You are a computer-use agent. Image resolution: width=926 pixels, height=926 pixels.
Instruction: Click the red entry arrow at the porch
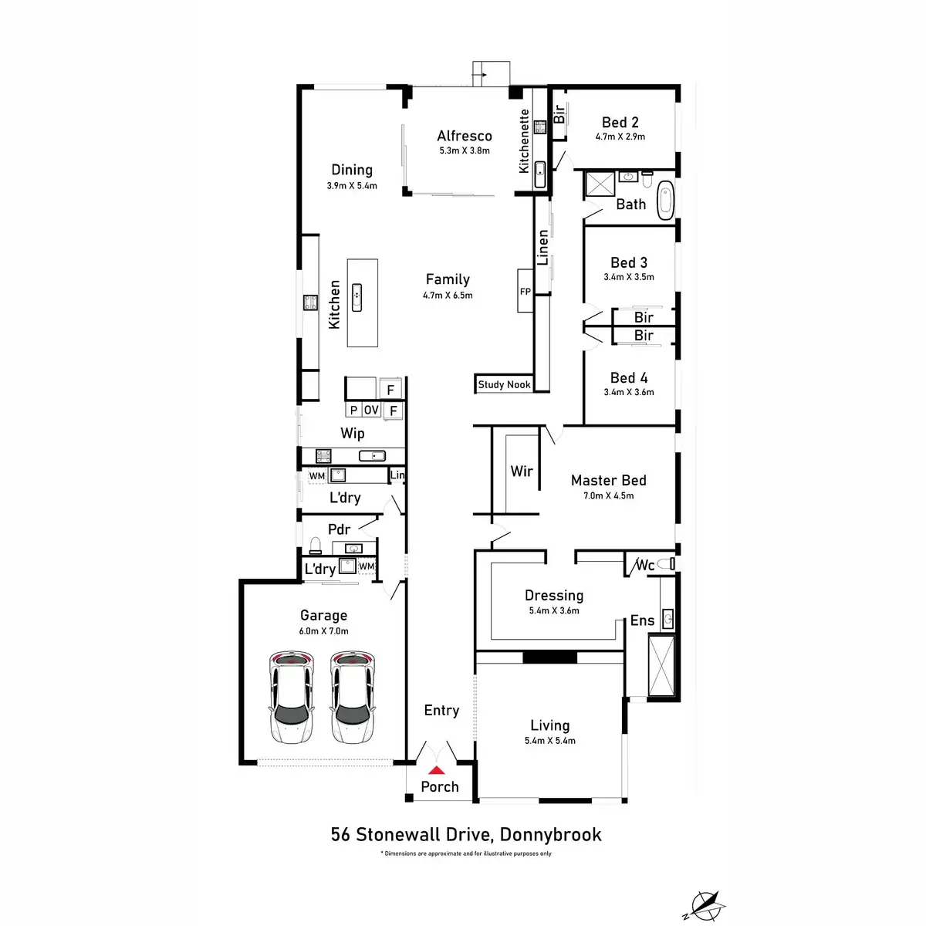point(437,769)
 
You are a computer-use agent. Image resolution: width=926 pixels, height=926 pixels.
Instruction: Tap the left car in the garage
point(292,697)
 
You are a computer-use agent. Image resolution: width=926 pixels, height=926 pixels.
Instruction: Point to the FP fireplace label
point(525,292)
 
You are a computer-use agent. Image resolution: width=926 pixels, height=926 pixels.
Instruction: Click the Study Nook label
point(504,384)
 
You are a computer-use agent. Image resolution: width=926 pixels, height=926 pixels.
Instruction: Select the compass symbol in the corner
point(705,904)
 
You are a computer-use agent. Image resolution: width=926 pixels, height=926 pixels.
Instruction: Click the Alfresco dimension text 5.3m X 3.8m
point(465,150)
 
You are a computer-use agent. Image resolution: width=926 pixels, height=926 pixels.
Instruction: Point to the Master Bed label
point(608,480)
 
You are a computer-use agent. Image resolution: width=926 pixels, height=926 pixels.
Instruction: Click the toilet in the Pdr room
point(315,546)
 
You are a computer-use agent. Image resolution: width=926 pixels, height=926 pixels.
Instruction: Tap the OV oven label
point(371,411)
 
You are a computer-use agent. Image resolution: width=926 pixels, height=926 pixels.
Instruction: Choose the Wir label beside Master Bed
point(522,471)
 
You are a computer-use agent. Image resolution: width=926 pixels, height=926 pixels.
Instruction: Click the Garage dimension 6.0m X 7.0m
point(323,630)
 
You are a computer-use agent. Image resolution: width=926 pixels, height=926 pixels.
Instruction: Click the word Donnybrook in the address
point(550,834)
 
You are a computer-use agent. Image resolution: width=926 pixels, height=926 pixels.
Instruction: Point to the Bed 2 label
point(620,122)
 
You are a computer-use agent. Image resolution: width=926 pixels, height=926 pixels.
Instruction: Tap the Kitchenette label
point(524,140)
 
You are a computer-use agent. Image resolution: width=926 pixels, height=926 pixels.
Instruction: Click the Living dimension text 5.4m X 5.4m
point(549,741)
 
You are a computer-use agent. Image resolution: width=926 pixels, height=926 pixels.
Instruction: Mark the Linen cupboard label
point(542,247)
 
